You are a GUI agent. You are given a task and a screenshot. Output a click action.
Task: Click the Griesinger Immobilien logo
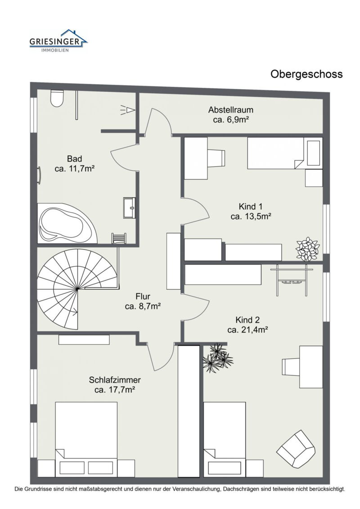[58, 41]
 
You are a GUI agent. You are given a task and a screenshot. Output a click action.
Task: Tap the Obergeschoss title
[306, 74]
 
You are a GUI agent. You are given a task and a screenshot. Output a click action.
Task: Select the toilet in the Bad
[57, 98]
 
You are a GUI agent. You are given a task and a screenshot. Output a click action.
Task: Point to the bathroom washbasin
[130, 208]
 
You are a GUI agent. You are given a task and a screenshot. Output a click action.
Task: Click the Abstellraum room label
[231, 110]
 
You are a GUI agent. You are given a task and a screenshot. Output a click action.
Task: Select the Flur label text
[143, 297]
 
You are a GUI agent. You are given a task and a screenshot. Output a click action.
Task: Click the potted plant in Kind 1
[307, 248]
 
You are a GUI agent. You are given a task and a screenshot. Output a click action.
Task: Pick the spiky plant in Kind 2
[218, 357]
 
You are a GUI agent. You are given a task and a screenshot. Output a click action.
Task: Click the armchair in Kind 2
[296, 449]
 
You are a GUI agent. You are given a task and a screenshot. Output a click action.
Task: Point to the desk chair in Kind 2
[292, 365]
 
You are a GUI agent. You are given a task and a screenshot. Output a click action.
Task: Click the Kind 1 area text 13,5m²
[250, 216]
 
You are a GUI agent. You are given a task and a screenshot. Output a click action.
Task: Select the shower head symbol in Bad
[129, 109]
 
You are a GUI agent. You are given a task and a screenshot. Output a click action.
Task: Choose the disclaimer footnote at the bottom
[180, 489]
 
